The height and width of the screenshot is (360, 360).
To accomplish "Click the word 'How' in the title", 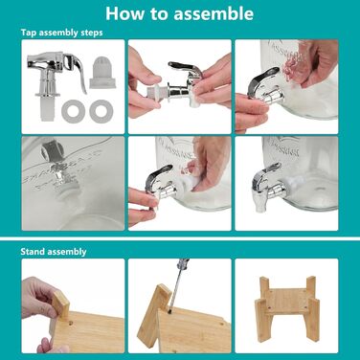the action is (x=121, y=13).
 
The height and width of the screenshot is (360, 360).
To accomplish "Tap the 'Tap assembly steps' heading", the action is (x=61, y=33).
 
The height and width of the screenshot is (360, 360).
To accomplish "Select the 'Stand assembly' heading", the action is (x=54, y=252).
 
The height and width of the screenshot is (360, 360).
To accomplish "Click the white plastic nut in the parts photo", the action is (x=102, y=73).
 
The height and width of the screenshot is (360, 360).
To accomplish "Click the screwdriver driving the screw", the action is (x=178, y=282).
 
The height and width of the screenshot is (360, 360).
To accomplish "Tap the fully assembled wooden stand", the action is (x=286, y=308).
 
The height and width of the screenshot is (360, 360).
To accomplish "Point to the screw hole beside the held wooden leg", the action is (x=71, y=324).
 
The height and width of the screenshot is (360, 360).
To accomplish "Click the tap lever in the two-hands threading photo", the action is (x=186, y=68).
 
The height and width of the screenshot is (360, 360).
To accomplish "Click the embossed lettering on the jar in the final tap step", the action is (x=284, y=147).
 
